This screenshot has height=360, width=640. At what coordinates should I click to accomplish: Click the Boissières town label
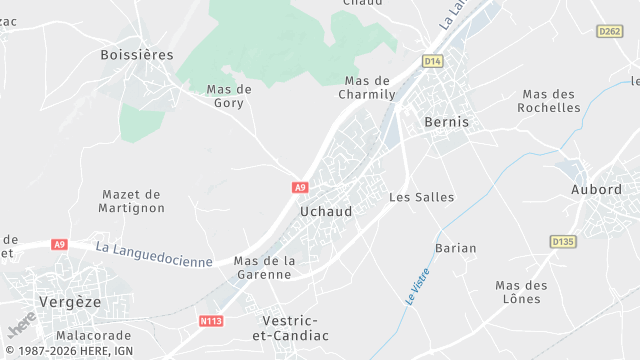137,55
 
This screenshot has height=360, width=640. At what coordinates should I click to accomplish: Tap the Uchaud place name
326,212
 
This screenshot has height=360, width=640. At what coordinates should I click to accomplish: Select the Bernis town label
446,121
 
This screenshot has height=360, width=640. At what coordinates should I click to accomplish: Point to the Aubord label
596,189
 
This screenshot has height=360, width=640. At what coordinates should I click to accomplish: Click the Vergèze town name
71,301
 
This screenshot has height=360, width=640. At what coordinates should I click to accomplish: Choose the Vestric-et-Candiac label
294,328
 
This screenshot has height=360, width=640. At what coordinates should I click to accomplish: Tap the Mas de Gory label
229,95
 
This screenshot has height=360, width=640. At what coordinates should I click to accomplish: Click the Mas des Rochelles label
550,101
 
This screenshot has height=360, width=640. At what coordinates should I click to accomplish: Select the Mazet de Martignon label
132,200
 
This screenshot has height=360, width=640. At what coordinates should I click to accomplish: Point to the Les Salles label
421,197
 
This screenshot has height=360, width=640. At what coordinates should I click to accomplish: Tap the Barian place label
456,247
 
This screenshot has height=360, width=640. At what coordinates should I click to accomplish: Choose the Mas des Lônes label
521,292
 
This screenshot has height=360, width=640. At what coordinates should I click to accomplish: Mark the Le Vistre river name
417,285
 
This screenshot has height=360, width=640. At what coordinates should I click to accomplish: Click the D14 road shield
432,61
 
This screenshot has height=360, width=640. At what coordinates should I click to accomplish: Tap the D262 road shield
609,32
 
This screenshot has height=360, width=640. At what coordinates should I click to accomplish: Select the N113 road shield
211,321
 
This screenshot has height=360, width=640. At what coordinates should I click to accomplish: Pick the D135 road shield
563,241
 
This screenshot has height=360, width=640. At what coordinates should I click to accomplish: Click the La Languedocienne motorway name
154,253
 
